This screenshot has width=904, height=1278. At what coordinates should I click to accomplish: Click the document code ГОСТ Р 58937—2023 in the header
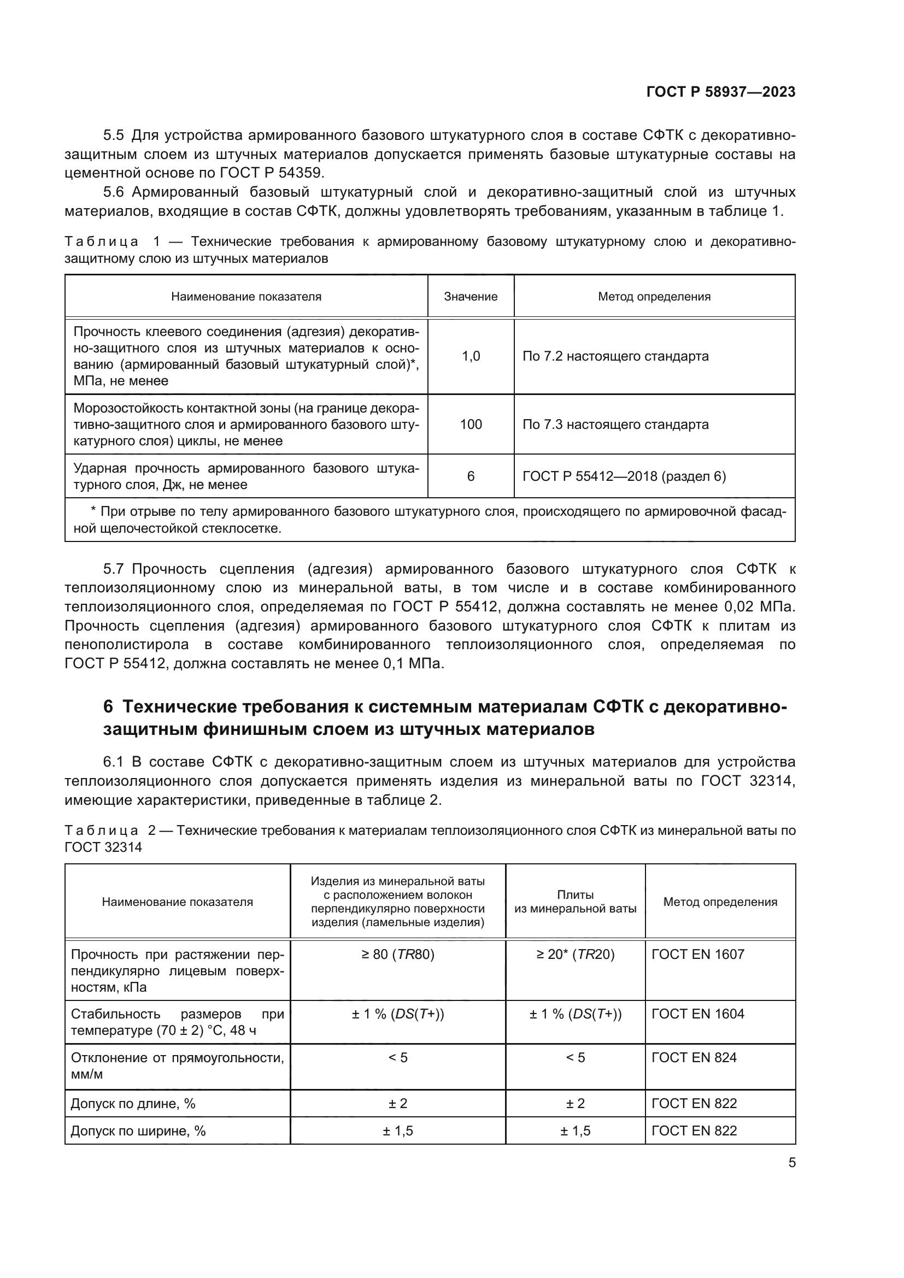point(720,92)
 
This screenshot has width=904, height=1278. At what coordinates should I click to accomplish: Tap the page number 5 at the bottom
point(791,1163)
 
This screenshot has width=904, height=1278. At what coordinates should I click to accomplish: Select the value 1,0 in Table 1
point(471,356)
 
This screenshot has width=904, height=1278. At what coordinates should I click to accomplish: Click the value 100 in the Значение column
point(471,425)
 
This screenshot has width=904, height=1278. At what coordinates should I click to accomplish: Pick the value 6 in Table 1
point(471,476)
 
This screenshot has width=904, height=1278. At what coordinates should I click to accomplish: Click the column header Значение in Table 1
point(471,297)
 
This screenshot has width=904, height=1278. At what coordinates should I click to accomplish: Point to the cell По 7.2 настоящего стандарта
point(615,356)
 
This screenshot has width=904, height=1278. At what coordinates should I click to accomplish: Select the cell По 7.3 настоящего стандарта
point(615,425)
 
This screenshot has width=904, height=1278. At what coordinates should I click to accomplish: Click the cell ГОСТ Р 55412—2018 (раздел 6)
point(624,476)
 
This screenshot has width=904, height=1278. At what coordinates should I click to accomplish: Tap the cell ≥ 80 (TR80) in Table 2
point(397,955)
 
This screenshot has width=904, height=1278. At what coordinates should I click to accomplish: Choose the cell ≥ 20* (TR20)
point(575,955)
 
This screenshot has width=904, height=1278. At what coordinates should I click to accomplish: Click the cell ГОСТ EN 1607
point(697,955)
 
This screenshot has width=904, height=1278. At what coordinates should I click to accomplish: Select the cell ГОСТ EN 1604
point(697,1014)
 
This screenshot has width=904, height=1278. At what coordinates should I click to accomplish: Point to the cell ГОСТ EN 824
point(694,1058)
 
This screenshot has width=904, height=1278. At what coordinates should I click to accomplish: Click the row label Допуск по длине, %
point(133,1104)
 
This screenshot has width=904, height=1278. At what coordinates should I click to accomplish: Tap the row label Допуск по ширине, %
point(138,1131)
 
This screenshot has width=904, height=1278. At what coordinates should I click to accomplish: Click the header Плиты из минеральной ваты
point(575,902)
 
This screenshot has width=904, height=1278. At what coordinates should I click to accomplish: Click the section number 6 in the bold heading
point(108,707)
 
